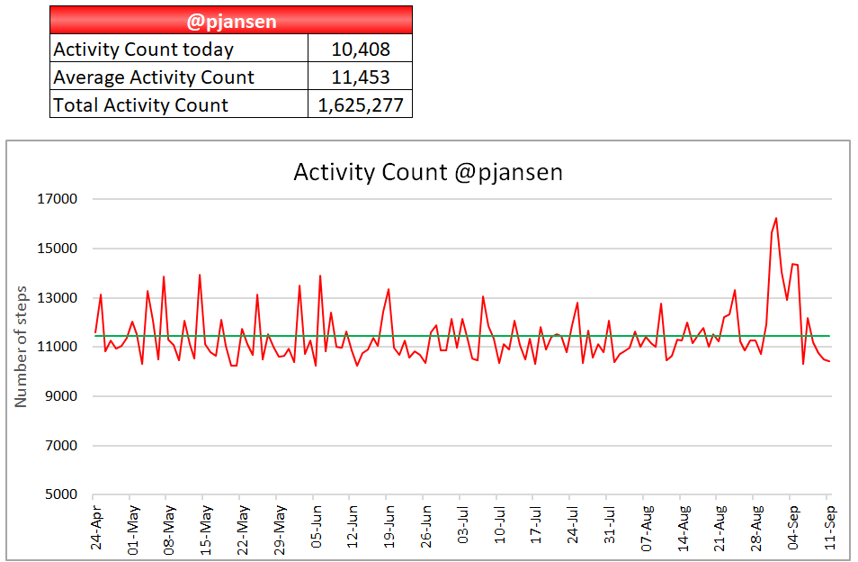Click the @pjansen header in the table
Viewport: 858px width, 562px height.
click(x=231, y=20)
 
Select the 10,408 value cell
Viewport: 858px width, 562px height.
click(x=360, y=49)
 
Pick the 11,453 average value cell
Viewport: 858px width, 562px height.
click(x=360, y=77)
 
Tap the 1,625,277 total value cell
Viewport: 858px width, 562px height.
click(x=360, y=104)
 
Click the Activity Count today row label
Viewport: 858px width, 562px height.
click(x=144, y=49)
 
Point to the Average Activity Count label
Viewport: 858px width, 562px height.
click(x=154, y=77)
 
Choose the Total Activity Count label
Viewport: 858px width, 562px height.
click(x=141, y=104)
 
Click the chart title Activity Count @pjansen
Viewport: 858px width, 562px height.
click(x=428, y=172)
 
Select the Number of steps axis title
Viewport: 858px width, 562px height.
click(x=22, y=347)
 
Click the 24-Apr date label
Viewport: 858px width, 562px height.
click(x=96, y=527)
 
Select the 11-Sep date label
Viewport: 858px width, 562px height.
click(x=830, y=527)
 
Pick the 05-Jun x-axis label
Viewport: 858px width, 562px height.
click(x=317, y=527)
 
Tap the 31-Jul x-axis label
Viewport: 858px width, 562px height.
click(x=610, y=527)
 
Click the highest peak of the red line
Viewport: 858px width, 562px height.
click(x=776, y=218)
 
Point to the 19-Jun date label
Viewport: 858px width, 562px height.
click(x=389, y=527)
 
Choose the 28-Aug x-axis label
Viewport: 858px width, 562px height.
click(x=756, y=527)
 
